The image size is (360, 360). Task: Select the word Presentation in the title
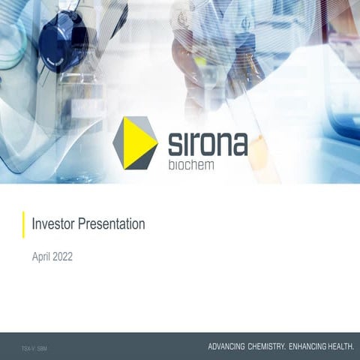(109, 223)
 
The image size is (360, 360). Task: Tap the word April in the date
(42, 256)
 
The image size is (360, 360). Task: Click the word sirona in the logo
(204, 142)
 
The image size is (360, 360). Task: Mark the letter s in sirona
(170, 144)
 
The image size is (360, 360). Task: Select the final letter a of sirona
(238, 144)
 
